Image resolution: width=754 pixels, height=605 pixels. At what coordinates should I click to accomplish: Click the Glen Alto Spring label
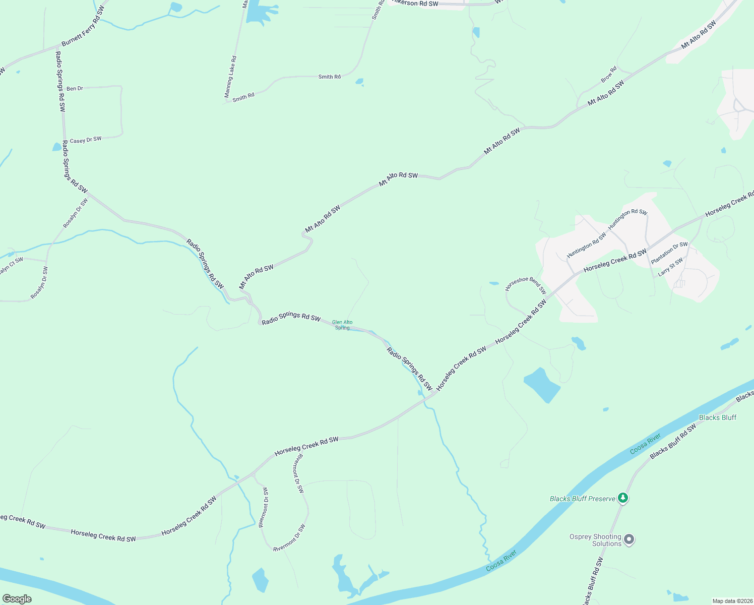tap(342, 325)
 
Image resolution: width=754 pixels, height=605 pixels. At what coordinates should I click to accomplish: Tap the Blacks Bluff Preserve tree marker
tap(623, 498)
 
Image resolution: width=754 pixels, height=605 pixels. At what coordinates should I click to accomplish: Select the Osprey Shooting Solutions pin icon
tap(629, 540)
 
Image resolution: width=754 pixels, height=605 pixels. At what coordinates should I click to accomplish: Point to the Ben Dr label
tap(75, 89)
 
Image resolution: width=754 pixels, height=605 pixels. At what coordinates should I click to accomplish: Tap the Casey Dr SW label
tap(86, 140)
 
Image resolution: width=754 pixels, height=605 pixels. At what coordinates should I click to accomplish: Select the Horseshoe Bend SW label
tap(526, 284)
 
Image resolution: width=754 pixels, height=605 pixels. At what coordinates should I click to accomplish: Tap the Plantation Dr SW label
tap(669, 253)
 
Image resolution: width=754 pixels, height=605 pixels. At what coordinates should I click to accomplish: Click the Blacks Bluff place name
tap(718, 417)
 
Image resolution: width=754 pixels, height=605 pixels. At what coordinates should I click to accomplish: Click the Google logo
tap(17, 599)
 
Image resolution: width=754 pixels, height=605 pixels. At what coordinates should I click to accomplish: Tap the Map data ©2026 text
tap(732, 601)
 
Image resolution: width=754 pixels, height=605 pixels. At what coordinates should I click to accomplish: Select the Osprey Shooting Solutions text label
tap(595, 540)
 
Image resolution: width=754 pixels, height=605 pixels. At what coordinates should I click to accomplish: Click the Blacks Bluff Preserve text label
tap(582, 499)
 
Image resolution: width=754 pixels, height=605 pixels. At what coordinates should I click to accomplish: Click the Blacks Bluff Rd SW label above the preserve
tap(673, 441)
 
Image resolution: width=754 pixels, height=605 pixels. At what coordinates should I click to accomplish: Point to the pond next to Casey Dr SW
tap(56, 147)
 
